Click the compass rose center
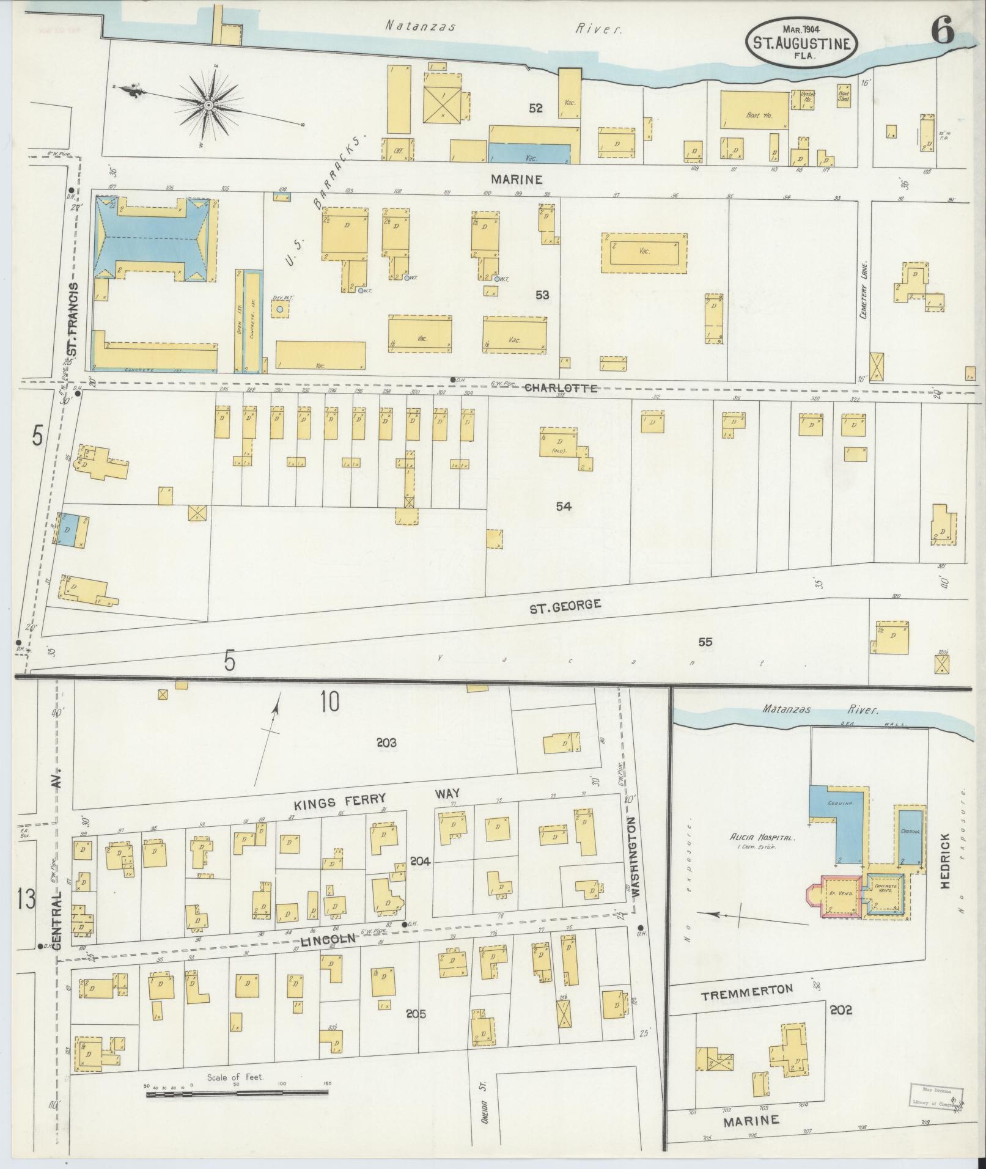(208, 106)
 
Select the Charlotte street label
(560, 388)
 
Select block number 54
(564, 506)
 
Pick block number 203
(386, 742)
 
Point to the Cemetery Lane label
(864, 293)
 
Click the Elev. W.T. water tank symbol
(280, 309)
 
